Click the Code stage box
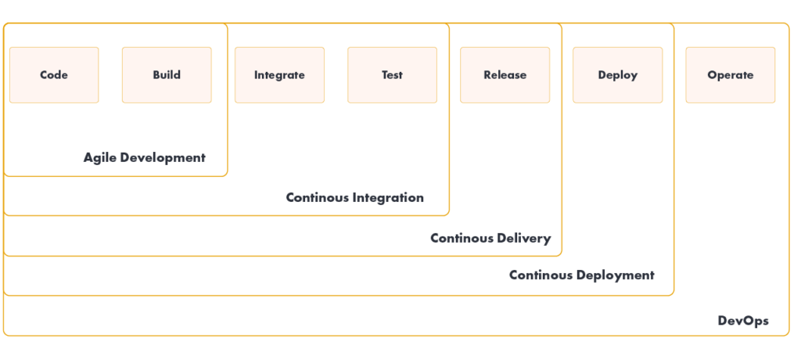click(54, 75)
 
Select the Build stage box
click(167, 75)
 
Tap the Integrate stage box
click(279, 75)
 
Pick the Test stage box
click(393, 75)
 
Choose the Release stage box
click(505, 75)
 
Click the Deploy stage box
click(618, 75)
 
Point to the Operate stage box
click(731, 75)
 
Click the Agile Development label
click(145, 158)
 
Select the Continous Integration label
click(355, 198)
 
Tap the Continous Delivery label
click(491, 238)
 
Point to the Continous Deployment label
click(582, 275)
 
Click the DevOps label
click(743, 321)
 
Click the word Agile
click(99, 158)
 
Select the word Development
click(162, 158)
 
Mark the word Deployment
click(617, 275)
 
